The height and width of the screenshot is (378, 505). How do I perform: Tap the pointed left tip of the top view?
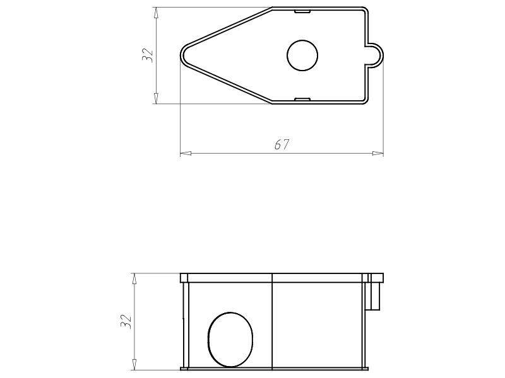pyautogui.click(x=183, y=55)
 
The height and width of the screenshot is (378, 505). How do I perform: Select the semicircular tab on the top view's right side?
pyautogui.click(x=376, y=55)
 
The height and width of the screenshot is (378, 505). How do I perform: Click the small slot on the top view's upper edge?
pyautogui.click(x=303, y=11)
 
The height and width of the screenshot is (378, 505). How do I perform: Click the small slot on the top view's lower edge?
pyautogui.click(x=303, y=99)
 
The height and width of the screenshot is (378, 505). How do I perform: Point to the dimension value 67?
pyautogui.click(x=282, y=144)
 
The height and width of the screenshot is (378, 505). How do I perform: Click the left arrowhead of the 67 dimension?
pyautogui.click(x=185, y=152)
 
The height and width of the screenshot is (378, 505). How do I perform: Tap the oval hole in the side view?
pyautogui.click(x=230, y=339)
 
